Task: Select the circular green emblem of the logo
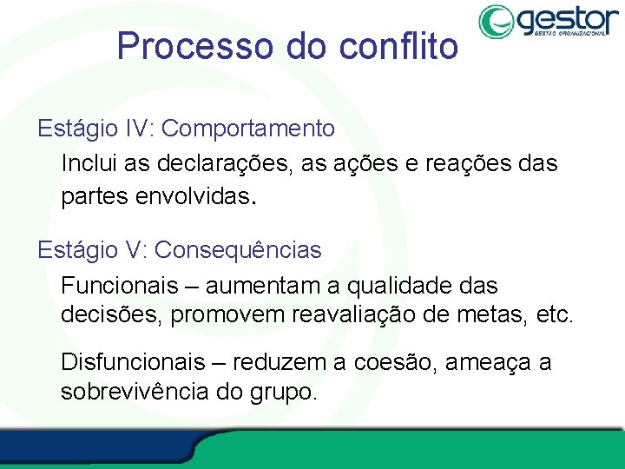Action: (x=497, y=22)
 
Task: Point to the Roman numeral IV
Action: (x=139, y=129)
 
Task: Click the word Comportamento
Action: (x=248, y=129)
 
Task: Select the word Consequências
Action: (x=238, y=250)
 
